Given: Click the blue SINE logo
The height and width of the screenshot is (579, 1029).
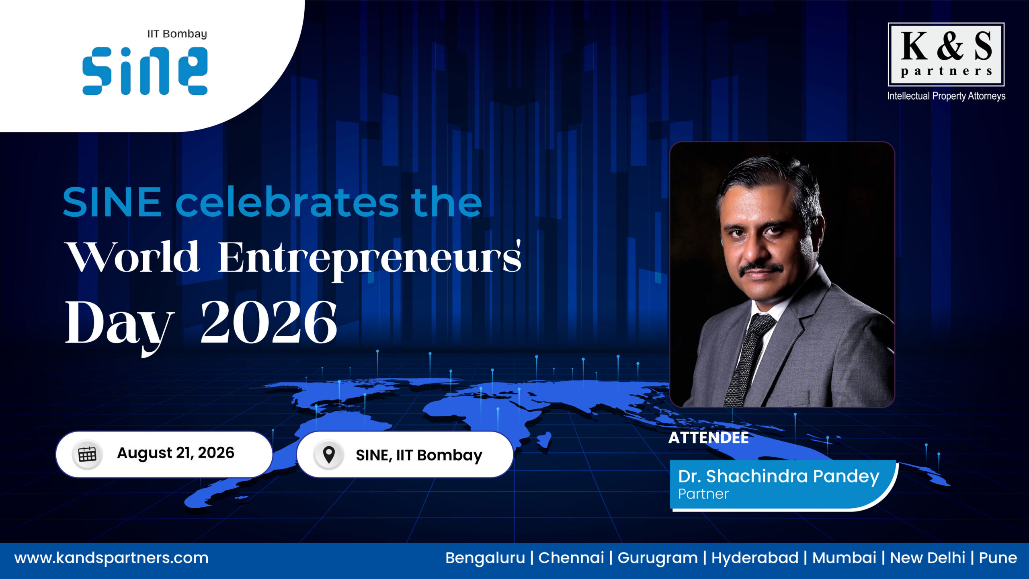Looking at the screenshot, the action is point(145,71).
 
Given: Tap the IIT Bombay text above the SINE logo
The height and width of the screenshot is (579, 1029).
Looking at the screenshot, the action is point(177,34).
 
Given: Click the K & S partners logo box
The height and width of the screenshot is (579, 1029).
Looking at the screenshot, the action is point(946,54).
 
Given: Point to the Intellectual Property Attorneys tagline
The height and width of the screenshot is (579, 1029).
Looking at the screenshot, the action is point(946,96).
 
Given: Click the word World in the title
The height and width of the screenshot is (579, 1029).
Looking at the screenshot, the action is point(133,257).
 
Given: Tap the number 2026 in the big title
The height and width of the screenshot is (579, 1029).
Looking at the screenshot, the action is point(269,322).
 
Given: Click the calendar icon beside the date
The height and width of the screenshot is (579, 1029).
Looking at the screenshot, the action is point(87,454).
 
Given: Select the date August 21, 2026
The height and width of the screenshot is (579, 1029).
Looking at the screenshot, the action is point(176,453).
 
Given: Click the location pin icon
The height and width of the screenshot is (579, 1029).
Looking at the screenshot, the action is point(329,455).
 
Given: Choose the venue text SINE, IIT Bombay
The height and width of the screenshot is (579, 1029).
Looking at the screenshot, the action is point(419,456).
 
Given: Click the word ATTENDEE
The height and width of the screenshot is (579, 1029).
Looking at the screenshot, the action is point(709,438).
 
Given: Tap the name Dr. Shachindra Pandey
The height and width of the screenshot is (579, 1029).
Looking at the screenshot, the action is point(779,476).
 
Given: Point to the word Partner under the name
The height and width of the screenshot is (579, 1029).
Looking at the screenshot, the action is point(703,494).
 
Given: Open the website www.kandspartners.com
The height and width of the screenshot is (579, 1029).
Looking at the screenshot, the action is point(111,558).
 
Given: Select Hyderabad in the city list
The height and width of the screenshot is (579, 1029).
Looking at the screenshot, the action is point(755,558).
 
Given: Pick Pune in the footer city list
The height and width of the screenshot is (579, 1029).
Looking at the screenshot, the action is point(998,558).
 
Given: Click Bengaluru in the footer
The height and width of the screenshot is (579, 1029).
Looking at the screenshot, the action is point(485,558).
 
